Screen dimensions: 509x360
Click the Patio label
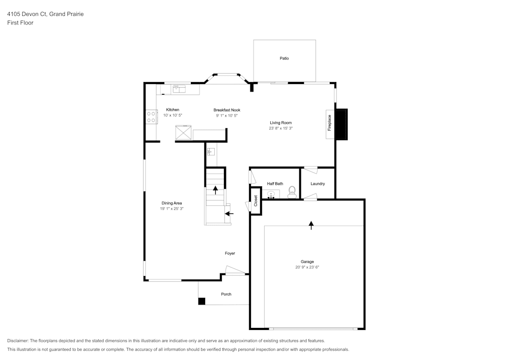click(x=284, y=59)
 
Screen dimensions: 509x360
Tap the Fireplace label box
click(x=330, y=124)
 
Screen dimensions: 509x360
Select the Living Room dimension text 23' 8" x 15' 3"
click(x=281, y=128)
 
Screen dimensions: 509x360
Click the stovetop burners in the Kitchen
click(x=151, y=117)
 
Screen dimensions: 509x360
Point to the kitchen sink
click(x=179, y=89)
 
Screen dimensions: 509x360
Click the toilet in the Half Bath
click(x=292, y=192)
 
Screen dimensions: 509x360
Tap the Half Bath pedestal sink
click(x=271, y=195)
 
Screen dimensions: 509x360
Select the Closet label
click(x=256, y=201)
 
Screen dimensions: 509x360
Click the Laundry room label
click(x=318, y=184)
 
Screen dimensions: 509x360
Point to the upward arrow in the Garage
click(x=312, y=225)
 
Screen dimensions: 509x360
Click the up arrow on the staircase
click(x=215, y=190)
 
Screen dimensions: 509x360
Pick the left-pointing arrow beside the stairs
click(x=229, y=213)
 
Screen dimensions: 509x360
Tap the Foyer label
click(x=230, y=253)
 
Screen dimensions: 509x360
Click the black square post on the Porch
click(x=202, y=301)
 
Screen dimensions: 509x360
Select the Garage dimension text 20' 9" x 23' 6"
click(x=307, y=267)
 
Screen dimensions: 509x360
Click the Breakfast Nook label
click(x=227, y=110)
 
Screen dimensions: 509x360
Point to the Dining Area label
click(x=172, y=203)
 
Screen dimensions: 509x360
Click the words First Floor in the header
click(x=20, y=23)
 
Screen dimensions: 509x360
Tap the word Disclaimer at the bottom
click(x=18, y=341)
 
